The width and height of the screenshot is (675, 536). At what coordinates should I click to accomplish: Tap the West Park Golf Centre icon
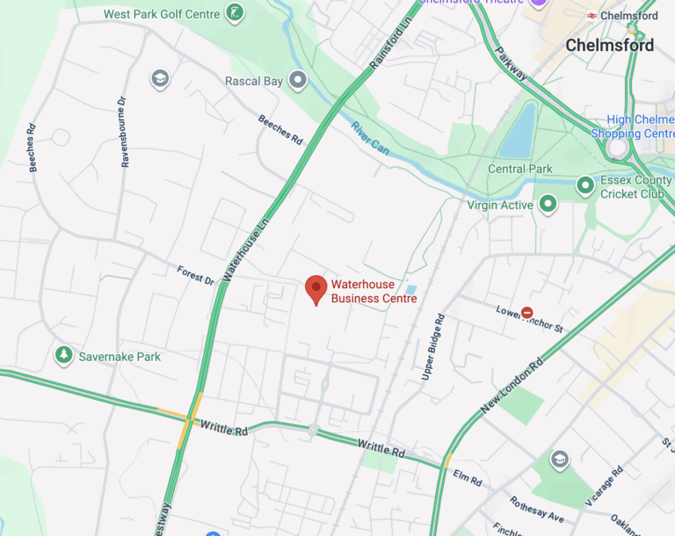[x=235, y=13]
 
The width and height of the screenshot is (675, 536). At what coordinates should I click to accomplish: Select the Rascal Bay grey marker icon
[x=299, y=82]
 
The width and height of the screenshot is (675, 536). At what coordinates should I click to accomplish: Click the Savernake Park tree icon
[x=63, y=356]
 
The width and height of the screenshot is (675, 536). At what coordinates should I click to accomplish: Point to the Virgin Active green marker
[x=548, y=205]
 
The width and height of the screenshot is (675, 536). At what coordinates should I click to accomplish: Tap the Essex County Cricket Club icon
[x=585, y=185]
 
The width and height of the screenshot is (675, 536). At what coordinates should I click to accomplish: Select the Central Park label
[x=519, y=169]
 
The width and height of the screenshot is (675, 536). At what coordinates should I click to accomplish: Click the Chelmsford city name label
[x=610, y=45]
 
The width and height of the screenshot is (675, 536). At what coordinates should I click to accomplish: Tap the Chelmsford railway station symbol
[x=593, y=16]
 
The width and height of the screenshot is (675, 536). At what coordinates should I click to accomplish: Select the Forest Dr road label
[x=195, y=275]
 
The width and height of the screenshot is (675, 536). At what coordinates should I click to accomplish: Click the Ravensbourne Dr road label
[x=124, y=133]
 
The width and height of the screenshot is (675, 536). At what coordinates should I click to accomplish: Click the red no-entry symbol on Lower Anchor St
[x=526, y=312]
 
